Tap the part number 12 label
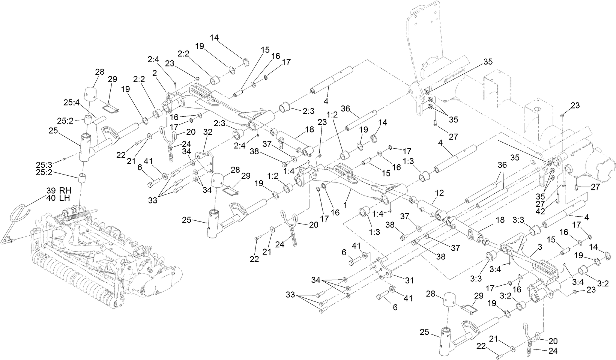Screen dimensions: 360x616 439,193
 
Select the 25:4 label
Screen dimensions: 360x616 71,102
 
